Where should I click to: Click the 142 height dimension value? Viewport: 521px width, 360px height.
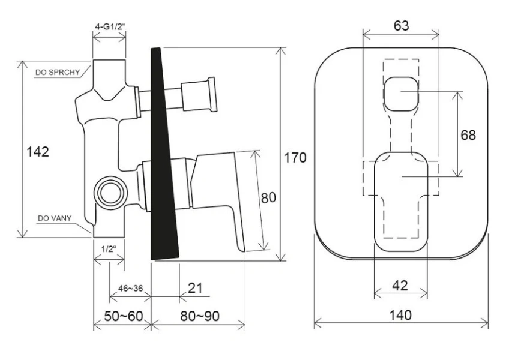38,152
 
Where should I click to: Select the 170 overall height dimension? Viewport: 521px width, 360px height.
295,157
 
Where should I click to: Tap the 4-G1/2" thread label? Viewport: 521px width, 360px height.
110,26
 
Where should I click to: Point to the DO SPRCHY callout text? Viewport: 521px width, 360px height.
58,73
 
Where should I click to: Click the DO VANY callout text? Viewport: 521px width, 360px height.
55,218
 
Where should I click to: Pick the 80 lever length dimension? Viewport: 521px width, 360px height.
268,197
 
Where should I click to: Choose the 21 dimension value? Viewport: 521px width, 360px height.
195,288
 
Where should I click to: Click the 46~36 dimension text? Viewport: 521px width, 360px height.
131,288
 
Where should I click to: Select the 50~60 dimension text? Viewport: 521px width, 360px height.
123,316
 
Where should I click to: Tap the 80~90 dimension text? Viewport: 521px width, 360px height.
200,316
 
